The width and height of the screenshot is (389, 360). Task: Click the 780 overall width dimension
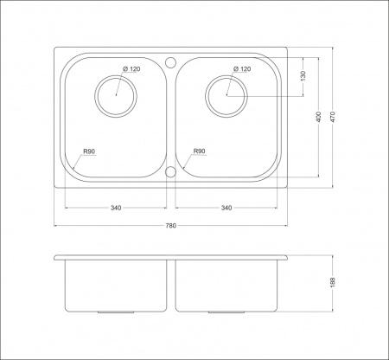[x=170, y=226]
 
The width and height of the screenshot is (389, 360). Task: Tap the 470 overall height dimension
[x=333, y=117]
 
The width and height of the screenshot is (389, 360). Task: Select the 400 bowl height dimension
[x=318, y=117]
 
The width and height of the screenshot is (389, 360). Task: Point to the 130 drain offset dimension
[x=303, y=76]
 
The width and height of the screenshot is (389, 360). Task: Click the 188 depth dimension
[x=333, y=282]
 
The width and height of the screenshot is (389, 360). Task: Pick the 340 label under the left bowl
[x=116, y=208]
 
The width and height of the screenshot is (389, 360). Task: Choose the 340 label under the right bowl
[x=226, y=208]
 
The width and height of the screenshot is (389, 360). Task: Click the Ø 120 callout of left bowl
[x=131, y=69]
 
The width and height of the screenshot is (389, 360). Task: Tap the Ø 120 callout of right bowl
[x=242, y=69]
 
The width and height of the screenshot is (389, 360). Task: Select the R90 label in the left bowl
[x=89, y=151]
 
